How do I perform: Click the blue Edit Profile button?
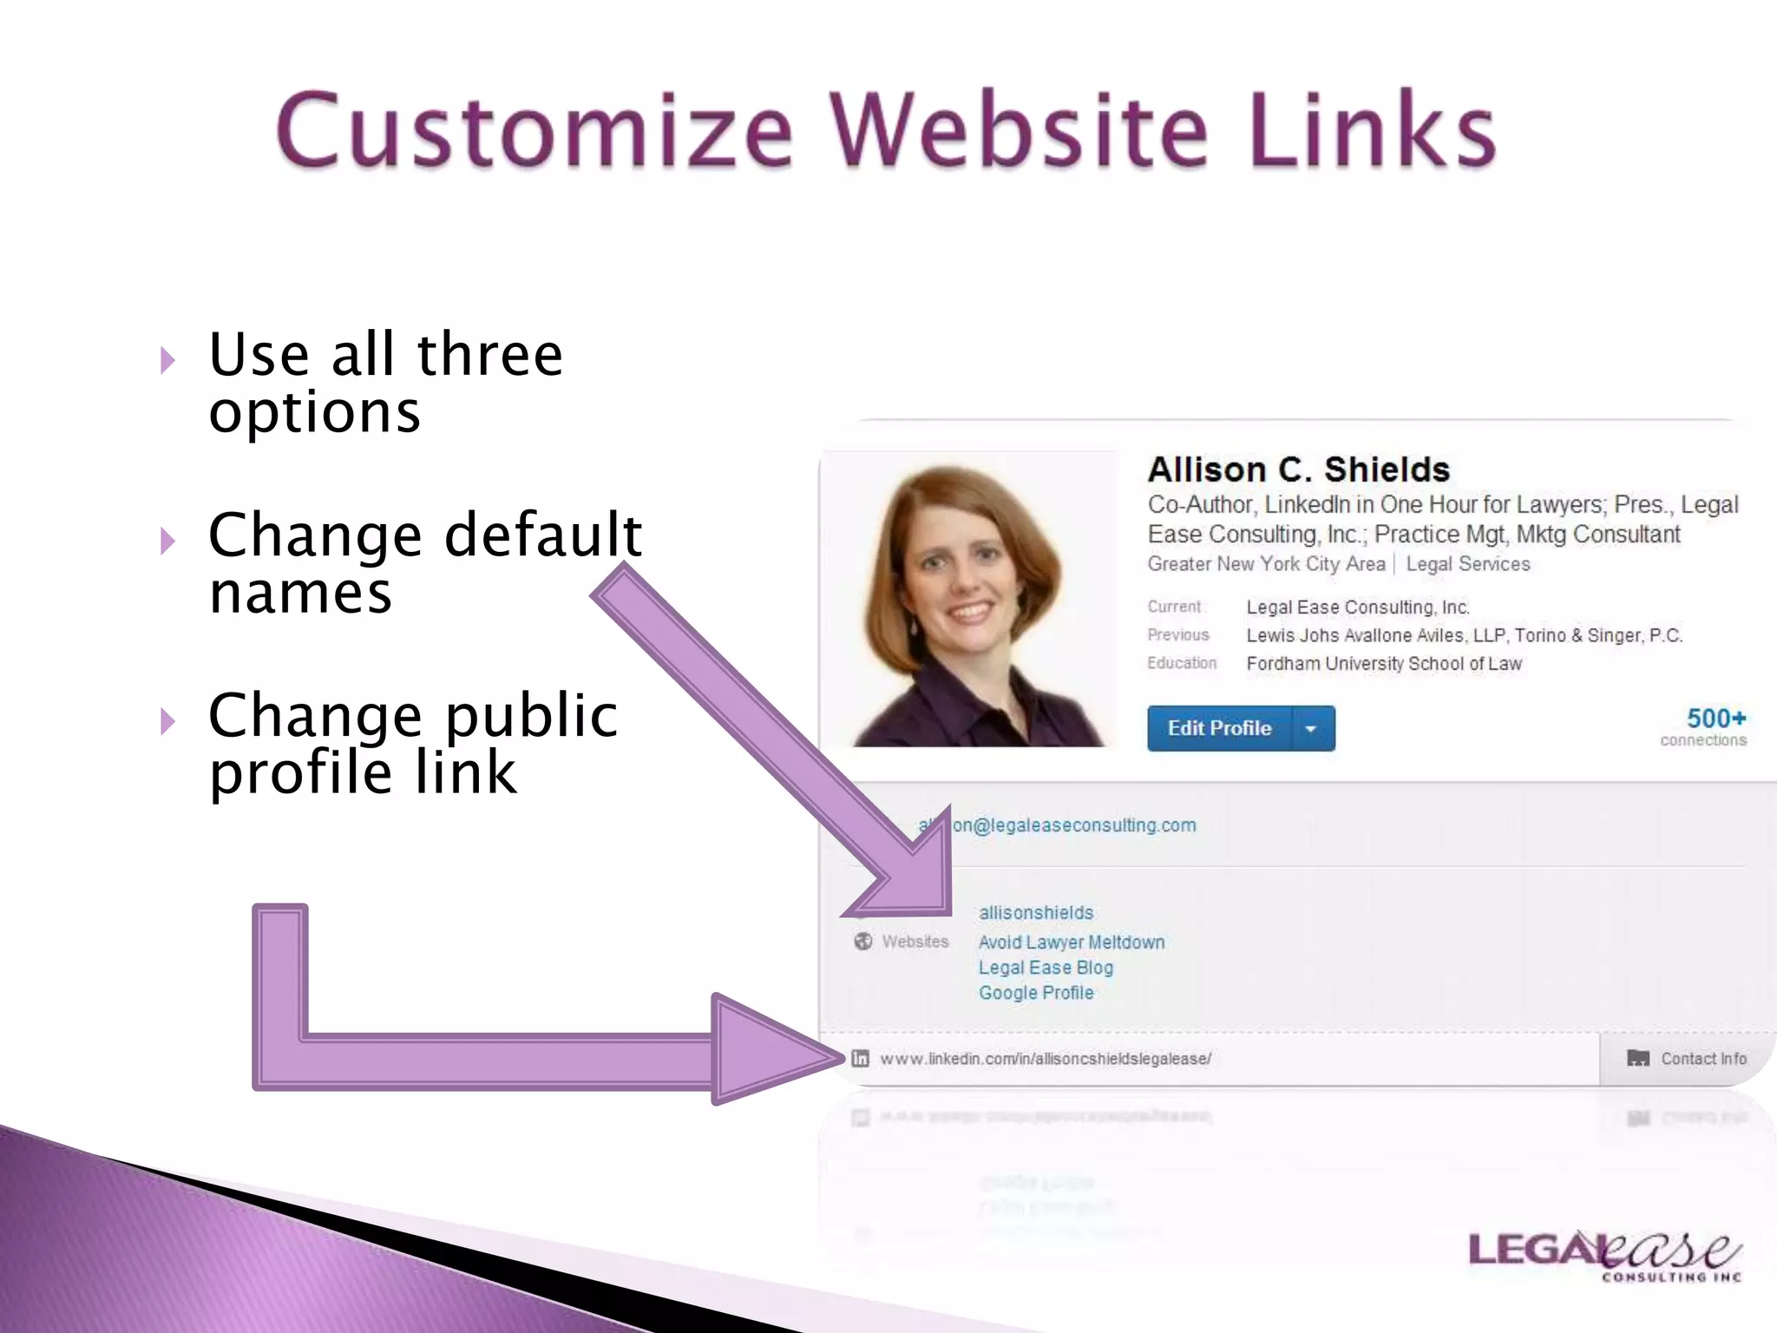click(x=1219, y=728)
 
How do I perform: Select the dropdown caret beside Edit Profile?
click(x=1312, y=729)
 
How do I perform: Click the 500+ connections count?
click(x=1715, y=719)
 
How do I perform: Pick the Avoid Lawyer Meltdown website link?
click(x=1071, y=942)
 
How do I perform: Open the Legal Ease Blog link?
click(x=1046, y=968)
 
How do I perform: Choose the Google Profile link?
click(x=1036, y=993)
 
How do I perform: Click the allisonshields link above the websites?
click(x=1036, y=913)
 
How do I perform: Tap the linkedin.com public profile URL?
click(x=1045, y=1059)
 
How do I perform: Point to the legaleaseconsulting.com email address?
click(x=1074, y=825)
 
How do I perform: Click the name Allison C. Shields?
click(x=1298, y=470)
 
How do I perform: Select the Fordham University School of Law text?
click(x=1383, y=664)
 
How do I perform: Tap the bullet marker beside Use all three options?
click(x=168, y=360)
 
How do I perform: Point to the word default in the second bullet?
click(x=542, y=535)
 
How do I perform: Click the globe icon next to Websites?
click(x=862, y=942)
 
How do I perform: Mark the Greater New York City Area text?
click(x=1266, y=564)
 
